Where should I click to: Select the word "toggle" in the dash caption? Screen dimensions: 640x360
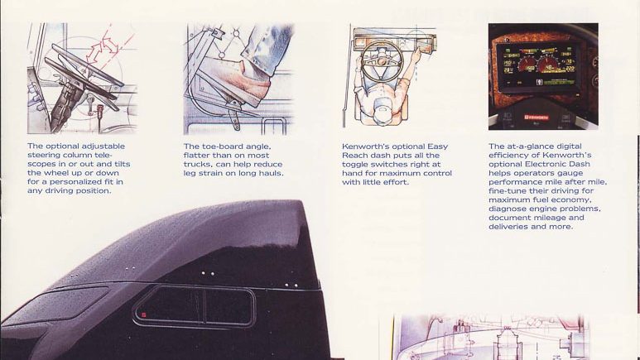[355, 164]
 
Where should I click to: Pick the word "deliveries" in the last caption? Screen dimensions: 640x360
[508, 227]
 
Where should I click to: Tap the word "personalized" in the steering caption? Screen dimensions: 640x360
[76, 181]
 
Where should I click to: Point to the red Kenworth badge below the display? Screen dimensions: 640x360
[536, 118]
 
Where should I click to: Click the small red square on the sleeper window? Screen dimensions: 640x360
[144, 314]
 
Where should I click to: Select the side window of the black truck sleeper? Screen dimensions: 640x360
[195, 306]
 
